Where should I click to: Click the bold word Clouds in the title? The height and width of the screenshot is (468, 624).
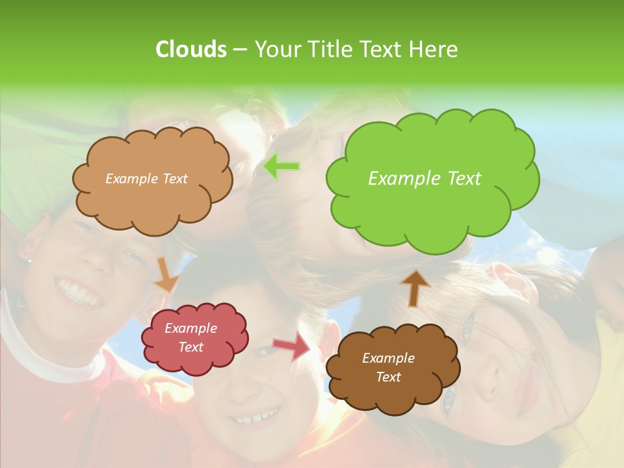190,49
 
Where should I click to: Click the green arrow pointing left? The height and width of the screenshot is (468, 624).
281,167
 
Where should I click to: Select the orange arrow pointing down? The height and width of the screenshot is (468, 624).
166,276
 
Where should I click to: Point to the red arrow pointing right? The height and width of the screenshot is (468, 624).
292,345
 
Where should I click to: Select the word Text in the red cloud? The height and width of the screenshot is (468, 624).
190,347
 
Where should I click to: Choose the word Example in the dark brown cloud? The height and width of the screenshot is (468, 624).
388,358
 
